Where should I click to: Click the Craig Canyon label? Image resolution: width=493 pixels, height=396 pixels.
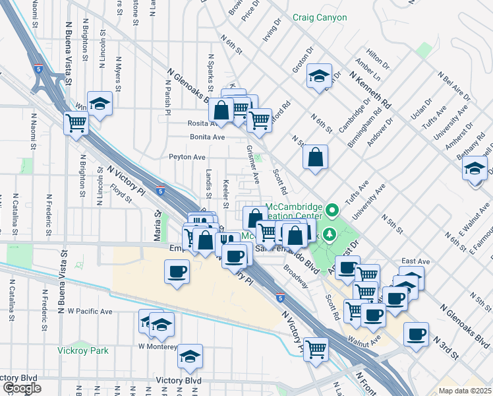click(320, 17)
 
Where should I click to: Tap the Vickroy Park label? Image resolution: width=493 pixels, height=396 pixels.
click(82, 350)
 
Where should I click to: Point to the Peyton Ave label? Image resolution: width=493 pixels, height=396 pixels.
click(187, 157)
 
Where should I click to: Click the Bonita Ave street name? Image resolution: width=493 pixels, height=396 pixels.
click(207, 137)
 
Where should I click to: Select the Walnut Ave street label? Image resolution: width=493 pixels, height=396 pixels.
click(366, 342)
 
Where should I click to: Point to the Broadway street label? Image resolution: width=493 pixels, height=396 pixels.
click(296, 281)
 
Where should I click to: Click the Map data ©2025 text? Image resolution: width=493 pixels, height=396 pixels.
click(465, 391)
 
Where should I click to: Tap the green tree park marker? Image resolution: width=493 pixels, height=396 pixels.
click(330, 234)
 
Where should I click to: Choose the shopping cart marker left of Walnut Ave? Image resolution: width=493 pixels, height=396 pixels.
click(316, 347)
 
